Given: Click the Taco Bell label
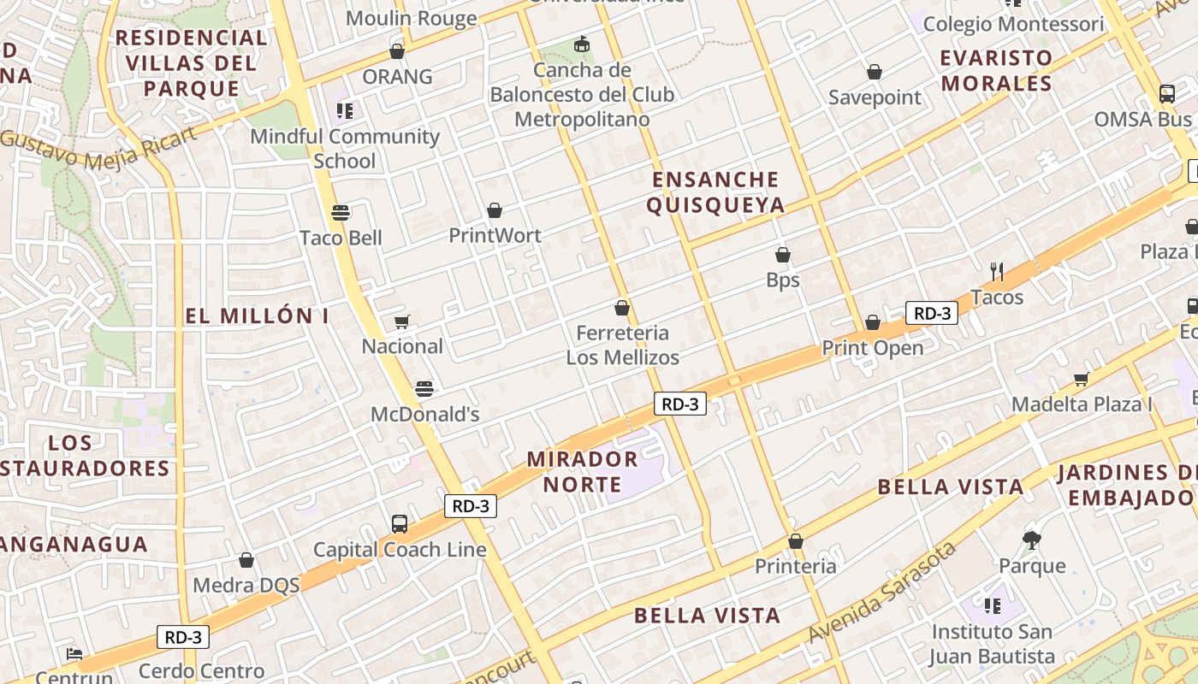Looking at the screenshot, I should coord(341,237).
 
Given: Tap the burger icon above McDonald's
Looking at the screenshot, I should coord(424,389).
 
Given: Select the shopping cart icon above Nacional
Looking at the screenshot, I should coord(401,322).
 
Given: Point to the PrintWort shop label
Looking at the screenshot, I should coord(495,234).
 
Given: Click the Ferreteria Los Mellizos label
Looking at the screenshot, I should coord(623,345).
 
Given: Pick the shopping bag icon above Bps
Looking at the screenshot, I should coord(782,255).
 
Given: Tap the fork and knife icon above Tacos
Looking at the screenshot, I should coord(997,272).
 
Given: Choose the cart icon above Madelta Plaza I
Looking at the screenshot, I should coord(1082,379).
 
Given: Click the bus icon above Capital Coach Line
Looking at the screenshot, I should coord(399,524).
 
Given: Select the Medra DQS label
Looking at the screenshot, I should coord(246,585).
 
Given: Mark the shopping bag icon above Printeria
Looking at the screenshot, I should coord(796,541).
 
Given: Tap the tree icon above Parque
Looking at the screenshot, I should coord(1032,540).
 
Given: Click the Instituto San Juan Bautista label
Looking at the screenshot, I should coord(993,644).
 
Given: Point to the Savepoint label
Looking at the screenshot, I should coord(875,97).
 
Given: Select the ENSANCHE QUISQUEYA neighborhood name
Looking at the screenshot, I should coord(715,192).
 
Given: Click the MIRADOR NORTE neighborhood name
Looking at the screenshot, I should coord(582,471).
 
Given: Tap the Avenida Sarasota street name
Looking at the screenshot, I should coord(883,592).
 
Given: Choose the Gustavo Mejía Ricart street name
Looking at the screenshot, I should coord(98,147).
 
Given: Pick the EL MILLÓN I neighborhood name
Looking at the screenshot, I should coord(257,315).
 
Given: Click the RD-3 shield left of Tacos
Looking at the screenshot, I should coord(932,313).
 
